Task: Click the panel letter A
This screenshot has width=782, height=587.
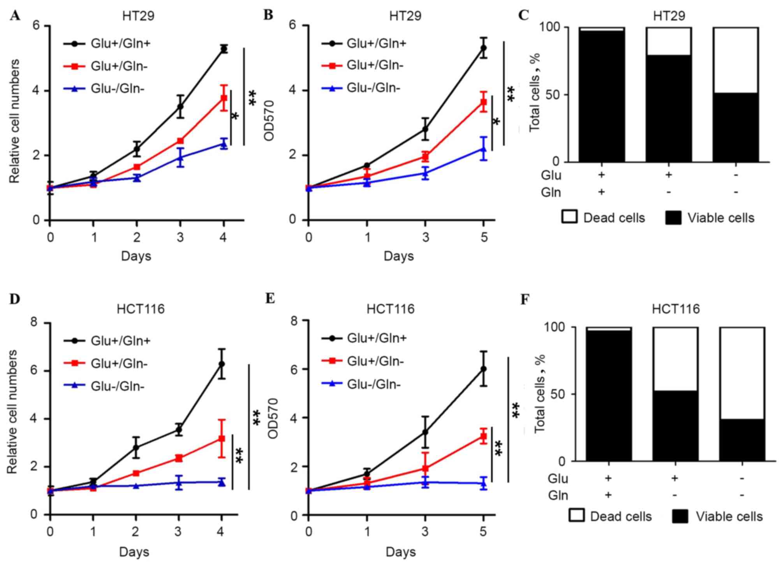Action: (x=15, y=16)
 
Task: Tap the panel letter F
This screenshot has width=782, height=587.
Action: (x=525, y=300)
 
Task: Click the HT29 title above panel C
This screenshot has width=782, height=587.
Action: (x=669, y=16)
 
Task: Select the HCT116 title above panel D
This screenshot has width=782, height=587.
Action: (x=141, y=309)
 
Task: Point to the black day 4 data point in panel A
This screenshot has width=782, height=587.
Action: (x=224, y=49)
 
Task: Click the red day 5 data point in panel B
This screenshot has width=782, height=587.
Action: (x=484, y=103)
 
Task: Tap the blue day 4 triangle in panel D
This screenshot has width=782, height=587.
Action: (x=222, y=483)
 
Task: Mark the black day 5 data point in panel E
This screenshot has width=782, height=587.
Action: (x=483, y=369)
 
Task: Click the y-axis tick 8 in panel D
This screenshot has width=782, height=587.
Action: (x=35, y=322)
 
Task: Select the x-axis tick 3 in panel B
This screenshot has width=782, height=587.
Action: (x=425, y=237)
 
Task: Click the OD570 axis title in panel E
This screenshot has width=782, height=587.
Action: (x=273, y=418)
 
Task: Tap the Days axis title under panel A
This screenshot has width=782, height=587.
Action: (x=136, y=256)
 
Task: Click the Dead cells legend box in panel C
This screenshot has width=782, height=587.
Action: (x=569, y=217)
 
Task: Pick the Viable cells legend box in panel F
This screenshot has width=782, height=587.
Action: (x=680, y=516)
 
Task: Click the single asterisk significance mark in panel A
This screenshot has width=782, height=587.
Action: (x=235, y=116)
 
